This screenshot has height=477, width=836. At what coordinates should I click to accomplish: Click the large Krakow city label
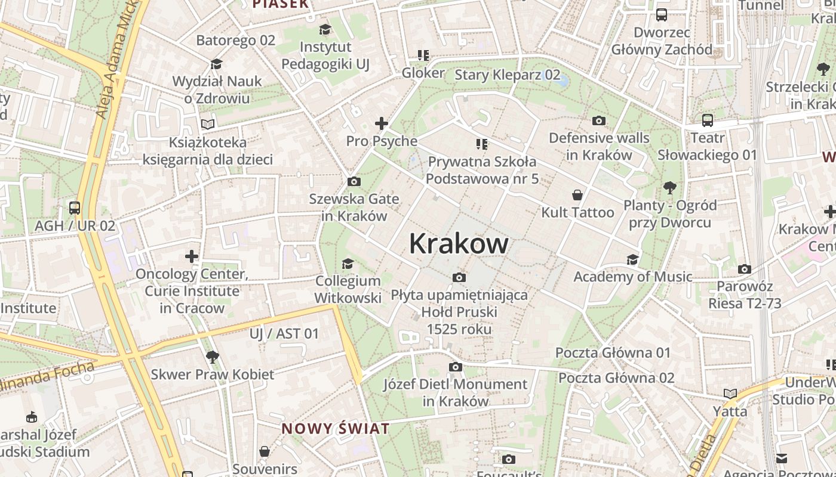tap(459, 243)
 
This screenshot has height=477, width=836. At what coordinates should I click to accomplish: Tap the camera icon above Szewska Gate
tap(354, 181)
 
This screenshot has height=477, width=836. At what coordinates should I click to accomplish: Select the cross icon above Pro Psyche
tap(381, 124)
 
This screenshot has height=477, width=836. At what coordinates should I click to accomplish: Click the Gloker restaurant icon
tap(423, 55)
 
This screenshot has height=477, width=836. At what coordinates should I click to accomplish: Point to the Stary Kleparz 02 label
tap(507, 75)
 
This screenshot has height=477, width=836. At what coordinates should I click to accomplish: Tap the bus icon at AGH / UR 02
tap(75, 208)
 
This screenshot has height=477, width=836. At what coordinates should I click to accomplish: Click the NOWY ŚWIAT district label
tap(335, 429)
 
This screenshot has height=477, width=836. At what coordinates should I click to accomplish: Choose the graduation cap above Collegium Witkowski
tap(348, 264)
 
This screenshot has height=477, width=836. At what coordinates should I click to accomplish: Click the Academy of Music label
tap(632, 277)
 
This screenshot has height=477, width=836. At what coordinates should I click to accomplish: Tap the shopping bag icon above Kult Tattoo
tap(577, 195)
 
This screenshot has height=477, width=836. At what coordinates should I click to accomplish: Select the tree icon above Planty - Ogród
tap(670, 188)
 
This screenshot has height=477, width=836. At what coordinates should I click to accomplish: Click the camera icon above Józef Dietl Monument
tap(456, 367)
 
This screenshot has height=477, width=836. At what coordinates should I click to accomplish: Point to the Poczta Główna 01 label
tap(613, 352)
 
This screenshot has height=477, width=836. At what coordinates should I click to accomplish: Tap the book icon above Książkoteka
tap(207, 125)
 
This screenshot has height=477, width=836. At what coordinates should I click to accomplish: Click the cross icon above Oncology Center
tap(191, 257)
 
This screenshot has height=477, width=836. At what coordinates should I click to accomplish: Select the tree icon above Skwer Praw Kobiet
tap(211, 357)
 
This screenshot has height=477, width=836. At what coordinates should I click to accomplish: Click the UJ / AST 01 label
tap(284, 333)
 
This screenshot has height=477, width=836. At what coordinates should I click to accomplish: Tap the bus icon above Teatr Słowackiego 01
tap(708, 120)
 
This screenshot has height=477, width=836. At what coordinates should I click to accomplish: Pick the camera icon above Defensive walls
tap(599, 120)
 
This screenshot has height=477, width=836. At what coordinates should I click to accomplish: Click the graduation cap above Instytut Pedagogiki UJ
tap(325, 29)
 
